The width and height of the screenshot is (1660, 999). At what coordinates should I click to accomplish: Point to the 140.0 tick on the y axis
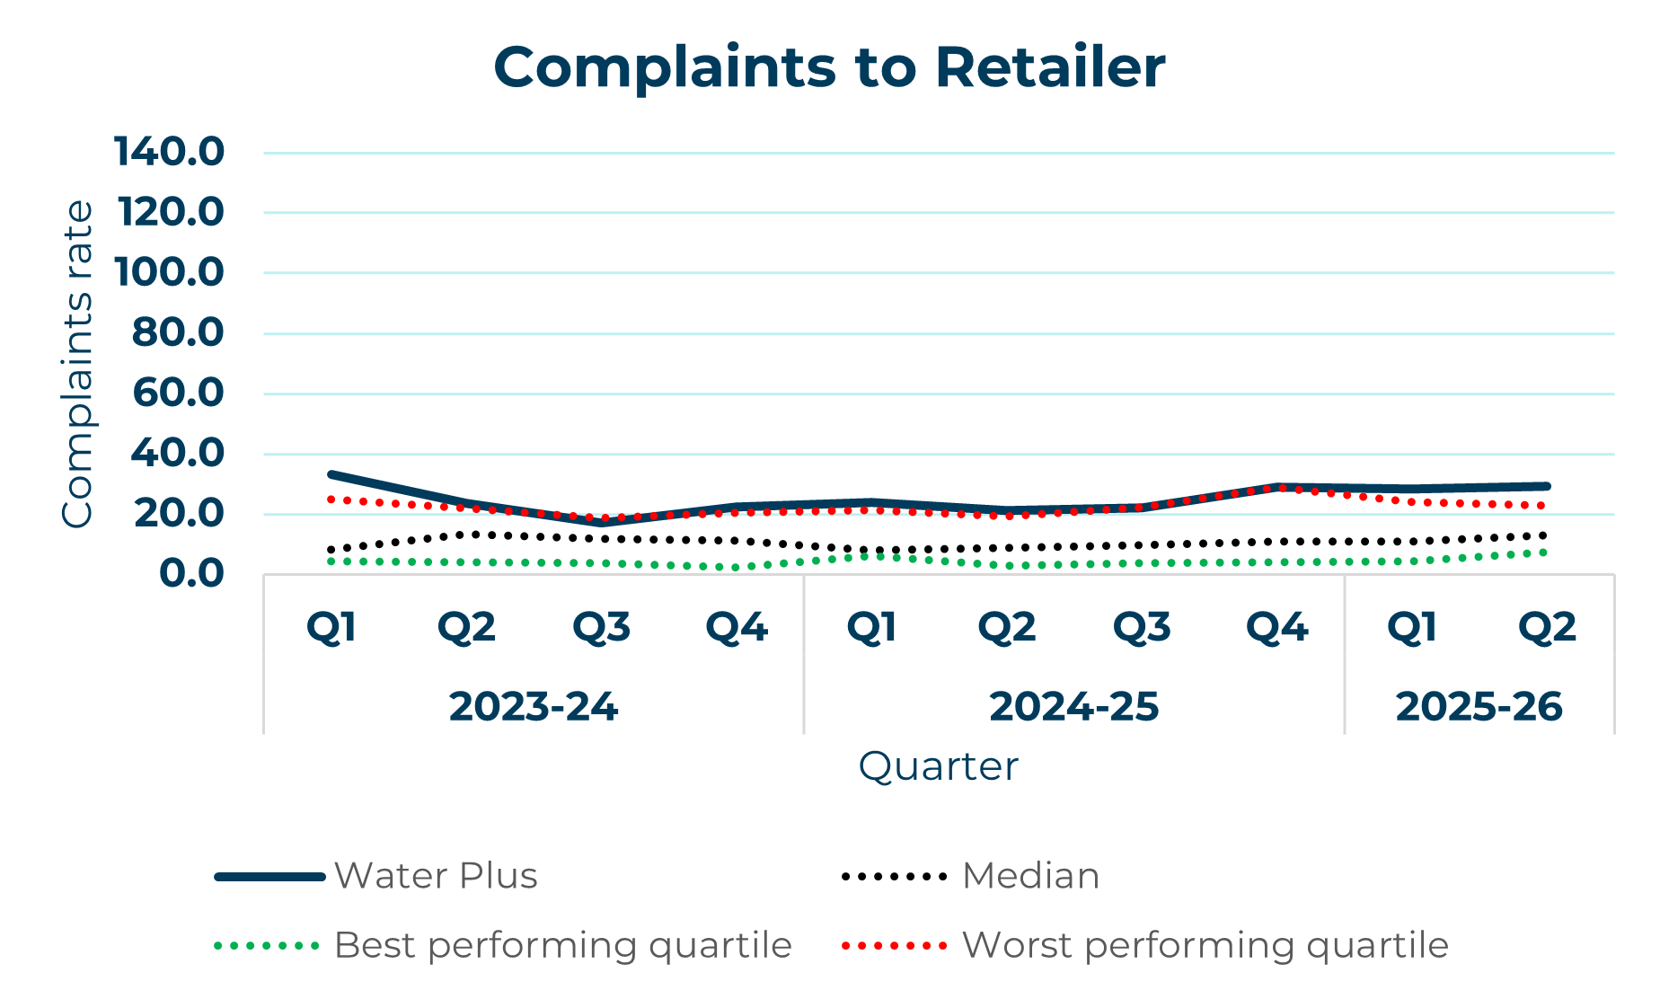(x=169, y=152)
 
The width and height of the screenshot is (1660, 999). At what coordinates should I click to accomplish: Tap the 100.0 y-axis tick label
(x=169, y=272)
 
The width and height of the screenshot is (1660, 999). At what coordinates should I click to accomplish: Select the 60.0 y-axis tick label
(x=178, y=393)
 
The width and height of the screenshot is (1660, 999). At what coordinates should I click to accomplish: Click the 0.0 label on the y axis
(x=191, y=573)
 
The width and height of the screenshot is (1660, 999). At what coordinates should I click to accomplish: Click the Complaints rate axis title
(x=77, y=364)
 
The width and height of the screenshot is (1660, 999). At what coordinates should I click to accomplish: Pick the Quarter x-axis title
(x=938, y=766)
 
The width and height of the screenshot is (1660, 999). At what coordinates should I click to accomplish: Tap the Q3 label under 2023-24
(x=601, y=627)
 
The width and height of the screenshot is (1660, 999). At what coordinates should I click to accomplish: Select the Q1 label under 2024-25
(x=871, y=627)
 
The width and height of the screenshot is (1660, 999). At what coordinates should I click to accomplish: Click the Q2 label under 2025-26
(x=1547, y=627)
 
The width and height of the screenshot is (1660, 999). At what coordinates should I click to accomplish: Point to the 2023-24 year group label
(x=534, y=707)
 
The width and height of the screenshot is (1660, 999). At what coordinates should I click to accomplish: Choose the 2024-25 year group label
(x=1073, y=707)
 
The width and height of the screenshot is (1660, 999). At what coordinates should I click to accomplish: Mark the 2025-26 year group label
(x=1479, y=707)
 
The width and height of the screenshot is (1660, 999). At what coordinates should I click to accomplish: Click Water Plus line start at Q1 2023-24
(x=332, y=474)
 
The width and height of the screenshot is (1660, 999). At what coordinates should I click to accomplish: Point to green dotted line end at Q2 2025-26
(x=1545, y=552)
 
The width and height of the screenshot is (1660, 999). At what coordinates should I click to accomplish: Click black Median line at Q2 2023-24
(x=467, y=535)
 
